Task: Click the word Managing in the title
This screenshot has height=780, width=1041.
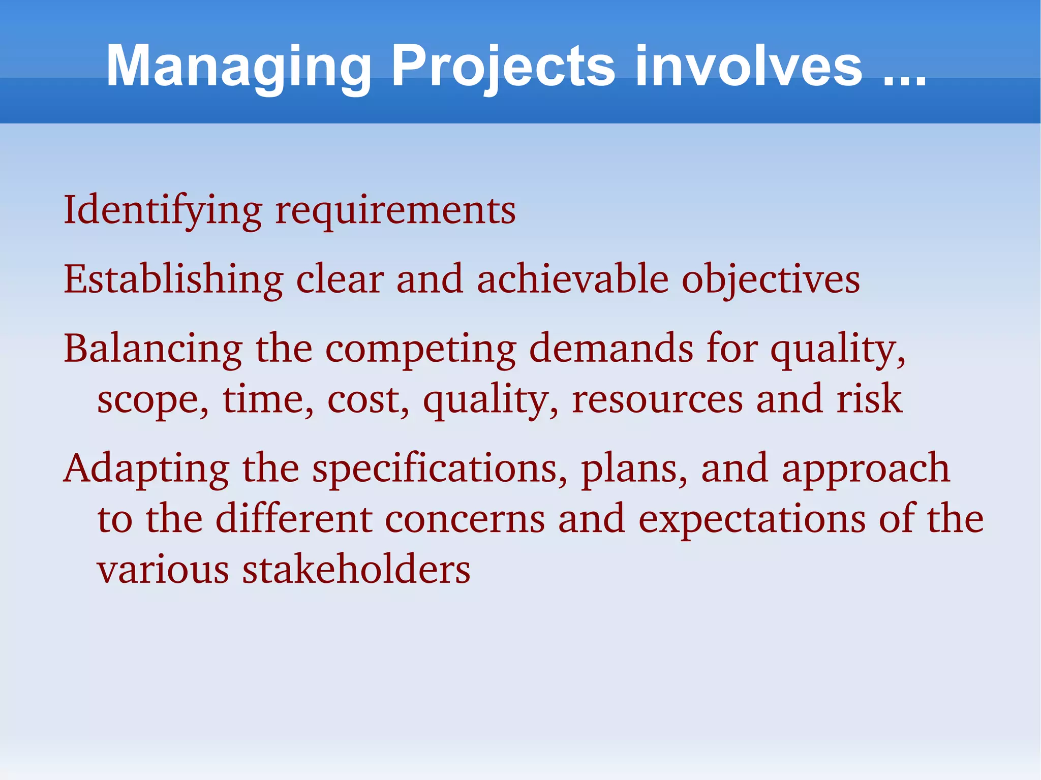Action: pos(239,67)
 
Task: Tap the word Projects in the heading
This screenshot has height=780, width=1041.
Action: pos(503,67)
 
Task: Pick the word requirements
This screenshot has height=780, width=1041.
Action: pos(395,211)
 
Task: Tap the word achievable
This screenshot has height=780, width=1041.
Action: pos(572,279)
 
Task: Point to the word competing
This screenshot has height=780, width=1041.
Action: pos(421,350)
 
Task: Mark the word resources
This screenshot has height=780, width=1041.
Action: pos(657,399)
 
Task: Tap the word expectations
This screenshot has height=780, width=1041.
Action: pos(752,520)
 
